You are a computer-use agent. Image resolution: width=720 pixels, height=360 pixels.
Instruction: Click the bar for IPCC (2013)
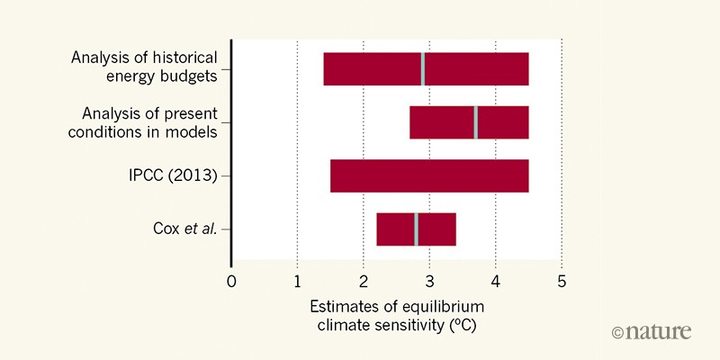click(x=428, y=175)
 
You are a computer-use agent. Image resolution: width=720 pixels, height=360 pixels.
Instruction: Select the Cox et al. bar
click(x=396, y=229)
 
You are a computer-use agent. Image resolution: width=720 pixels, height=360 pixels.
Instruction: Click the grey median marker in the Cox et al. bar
click(x=416, y=229)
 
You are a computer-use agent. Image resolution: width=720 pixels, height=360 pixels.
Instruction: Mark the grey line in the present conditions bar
click(x=475, y=122)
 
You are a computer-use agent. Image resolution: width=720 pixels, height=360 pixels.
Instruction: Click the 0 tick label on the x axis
click(x=231, y=280)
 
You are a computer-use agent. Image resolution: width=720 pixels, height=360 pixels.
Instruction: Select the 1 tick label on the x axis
click(x=297, y=280)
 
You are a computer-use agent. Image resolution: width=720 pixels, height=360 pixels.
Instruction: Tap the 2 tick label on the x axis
click(x=364, y=280)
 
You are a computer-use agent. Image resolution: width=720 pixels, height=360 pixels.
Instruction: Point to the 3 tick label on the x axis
click(x=429, y=280)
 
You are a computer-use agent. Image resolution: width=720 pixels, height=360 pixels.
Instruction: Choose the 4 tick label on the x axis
click(x=495, y=280)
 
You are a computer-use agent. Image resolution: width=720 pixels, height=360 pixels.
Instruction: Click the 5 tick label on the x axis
click(x=562, y=280)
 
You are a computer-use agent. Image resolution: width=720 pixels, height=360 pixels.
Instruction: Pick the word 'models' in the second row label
click(x=194, y=131)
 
